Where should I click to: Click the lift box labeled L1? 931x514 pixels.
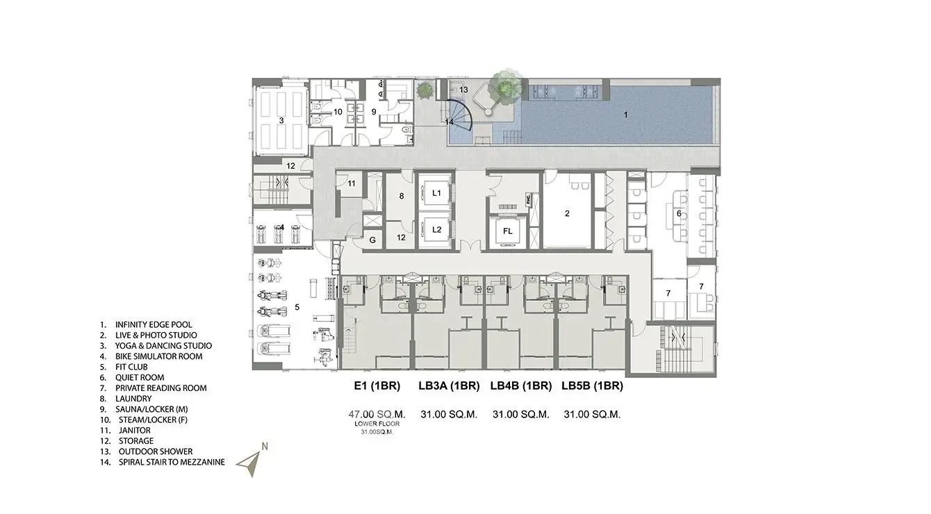436,193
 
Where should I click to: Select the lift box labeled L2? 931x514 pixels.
436,229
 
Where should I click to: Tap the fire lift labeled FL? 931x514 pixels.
507,231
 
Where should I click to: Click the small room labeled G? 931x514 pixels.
372,240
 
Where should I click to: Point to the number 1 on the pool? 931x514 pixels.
625,115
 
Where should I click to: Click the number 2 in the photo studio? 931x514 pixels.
567,213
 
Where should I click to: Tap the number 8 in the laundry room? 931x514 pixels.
402,196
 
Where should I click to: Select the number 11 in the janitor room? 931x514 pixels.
352,183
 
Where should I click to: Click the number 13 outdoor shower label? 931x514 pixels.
463,90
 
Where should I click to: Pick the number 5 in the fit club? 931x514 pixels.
297,307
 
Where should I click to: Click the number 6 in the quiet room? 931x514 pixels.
679,213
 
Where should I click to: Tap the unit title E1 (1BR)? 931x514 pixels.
377,386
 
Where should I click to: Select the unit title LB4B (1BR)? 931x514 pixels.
521,386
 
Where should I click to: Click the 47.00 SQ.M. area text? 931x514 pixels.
377,414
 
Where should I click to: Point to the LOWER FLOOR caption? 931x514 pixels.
377,424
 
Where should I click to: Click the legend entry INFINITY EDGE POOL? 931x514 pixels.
154,324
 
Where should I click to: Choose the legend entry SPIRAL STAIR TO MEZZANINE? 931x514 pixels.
172,462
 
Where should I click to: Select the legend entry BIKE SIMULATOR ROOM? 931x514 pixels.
159,356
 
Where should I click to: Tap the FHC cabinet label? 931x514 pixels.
529,199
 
